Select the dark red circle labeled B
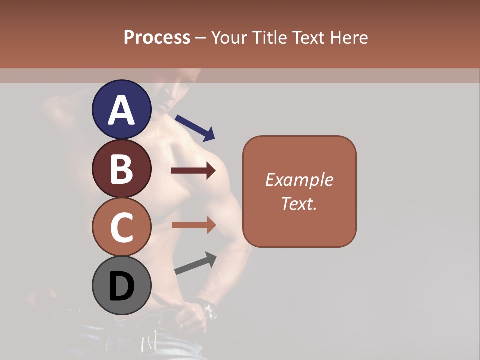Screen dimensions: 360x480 pos(121,168)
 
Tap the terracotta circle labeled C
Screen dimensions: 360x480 pos(121,227)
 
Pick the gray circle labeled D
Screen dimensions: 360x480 pos(121,286)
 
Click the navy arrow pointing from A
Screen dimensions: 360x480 pos(195,127)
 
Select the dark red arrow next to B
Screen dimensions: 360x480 pos(193,171)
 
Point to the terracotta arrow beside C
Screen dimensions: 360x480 pos(193,225)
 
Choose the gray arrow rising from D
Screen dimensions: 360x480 pos(195,263)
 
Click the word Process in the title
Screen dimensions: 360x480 pos(157,37)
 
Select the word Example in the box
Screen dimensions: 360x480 pos(299,180)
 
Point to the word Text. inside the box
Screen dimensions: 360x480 pos(299,204)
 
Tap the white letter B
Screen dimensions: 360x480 pos(121,169)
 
